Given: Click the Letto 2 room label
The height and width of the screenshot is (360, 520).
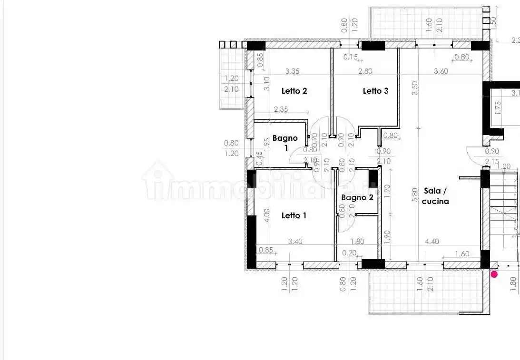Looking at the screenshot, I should pyautogui.click(x=294, y=91).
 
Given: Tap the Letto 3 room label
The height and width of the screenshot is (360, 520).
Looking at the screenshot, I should pyautogui.click(x=375, y=91).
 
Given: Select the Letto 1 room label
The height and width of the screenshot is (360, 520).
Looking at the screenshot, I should pyautogui.click(x=294, y=215).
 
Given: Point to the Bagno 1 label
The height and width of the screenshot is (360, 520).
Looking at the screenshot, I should pyautogui.click(x=285, y=143).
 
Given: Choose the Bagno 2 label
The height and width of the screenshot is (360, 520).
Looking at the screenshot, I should pyautogui.click(x=357, y=197).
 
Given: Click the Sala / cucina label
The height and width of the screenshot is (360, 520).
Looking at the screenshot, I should pyautogui.click(x=435, y=196).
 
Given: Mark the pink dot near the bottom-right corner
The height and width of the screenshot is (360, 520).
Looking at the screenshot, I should pyautogui.click(x=494, y=274).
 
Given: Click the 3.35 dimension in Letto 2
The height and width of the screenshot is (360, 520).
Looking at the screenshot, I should pyautogui.click(x=292, y=71).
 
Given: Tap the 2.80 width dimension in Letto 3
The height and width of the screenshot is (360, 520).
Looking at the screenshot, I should pyautogui.click(x=365, y=71).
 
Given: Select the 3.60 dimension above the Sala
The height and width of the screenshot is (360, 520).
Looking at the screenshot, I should pyautogui.click(x=441, y=71).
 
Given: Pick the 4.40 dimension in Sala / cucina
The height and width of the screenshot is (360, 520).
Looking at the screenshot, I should pyautogui.click(x=432, y=242).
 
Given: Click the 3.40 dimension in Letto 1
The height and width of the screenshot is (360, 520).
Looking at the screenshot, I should pyautogui.click(x=295, y=242).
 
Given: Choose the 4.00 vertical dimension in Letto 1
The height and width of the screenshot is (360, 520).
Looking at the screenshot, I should pyautogui.click(x=267, y=215).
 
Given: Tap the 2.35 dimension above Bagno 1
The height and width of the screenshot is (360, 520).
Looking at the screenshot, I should pyautogui.click(x=281, y=109).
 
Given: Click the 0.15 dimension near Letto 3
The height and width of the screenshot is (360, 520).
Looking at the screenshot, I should pyautogui.click(x=351, y=57).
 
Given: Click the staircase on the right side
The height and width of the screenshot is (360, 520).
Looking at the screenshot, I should pyautogui.click(x=504, y=204).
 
